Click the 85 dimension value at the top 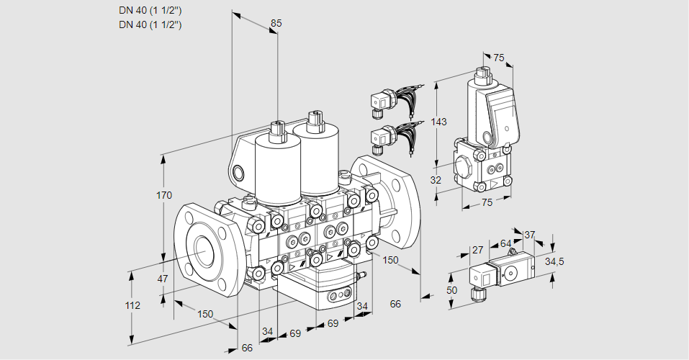point(275,23)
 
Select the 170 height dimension point(164,195)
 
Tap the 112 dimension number point(132,305)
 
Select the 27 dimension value point(477,250)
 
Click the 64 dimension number point(505,243)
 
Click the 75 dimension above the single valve point(498,58)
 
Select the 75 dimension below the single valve point(487,203)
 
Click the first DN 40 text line point(150,11)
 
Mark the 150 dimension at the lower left point(205,314)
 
